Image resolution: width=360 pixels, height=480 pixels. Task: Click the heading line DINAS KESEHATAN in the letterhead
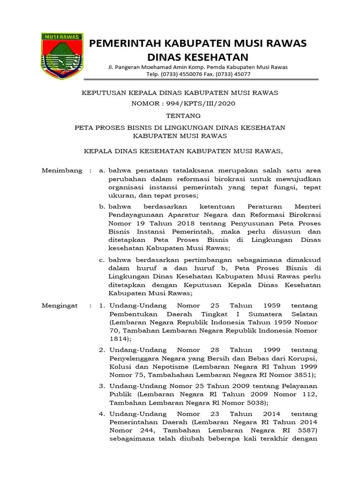tap(197, 57)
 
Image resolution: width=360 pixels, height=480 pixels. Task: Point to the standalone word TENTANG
tap(180, 115)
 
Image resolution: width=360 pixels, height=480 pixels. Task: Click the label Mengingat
tap(60, 305)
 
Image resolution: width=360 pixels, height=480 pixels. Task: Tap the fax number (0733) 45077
tap(234, 74)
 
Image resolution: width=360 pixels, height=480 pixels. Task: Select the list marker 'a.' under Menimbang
tap(102, 171)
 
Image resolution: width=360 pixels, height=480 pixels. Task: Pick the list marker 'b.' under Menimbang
tap(102, 206)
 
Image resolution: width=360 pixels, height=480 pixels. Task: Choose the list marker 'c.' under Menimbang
tap(102, 260)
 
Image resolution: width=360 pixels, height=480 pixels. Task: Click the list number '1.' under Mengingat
tap(102, 305)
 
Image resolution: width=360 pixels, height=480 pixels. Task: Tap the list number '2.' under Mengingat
tap(102, 350)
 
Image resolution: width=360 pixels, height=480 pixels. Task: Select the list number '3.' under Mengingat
tap(102, 385)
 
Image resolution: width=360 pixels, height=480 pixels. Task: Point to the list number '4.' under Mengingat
tap(102, 414)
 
